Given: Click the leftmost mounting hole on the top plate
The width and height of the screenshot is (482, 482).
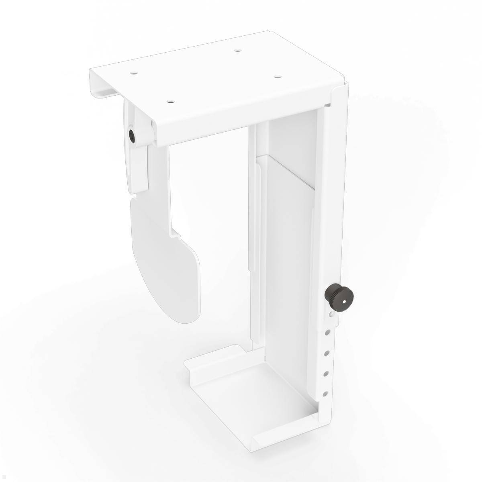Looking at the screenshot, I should click(x=133, y=74).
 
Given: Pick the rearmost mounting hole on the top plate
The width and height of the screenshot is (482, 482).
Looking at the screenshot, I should click(x=238, y=51).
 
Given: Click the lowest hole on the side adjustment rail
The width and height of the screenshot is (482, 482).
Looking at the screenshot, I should click(x=326, y=393).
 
